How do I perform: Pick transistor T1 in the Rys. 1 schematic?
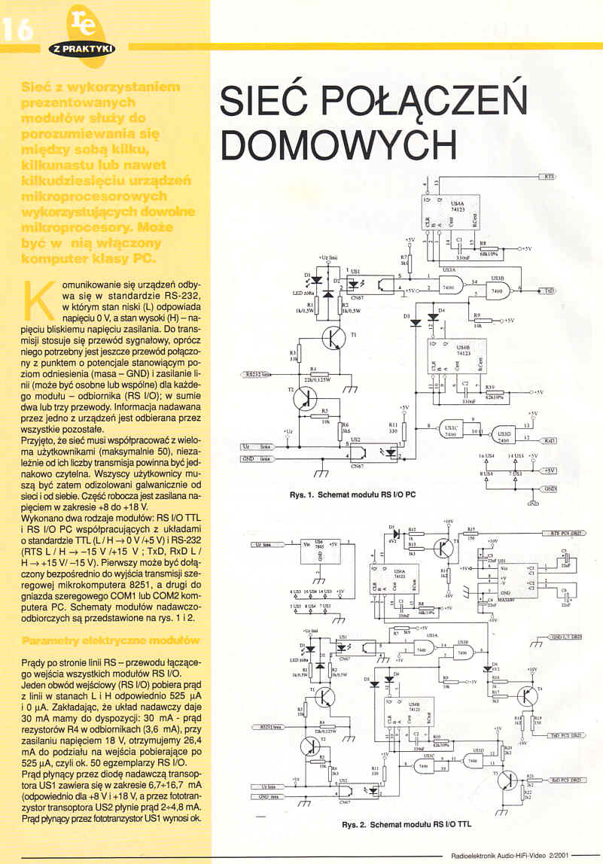point(334,339)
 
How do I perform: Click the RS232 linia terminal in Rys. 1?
point(259,373)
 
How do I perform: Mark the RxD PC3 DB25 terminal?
point(566,780)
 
